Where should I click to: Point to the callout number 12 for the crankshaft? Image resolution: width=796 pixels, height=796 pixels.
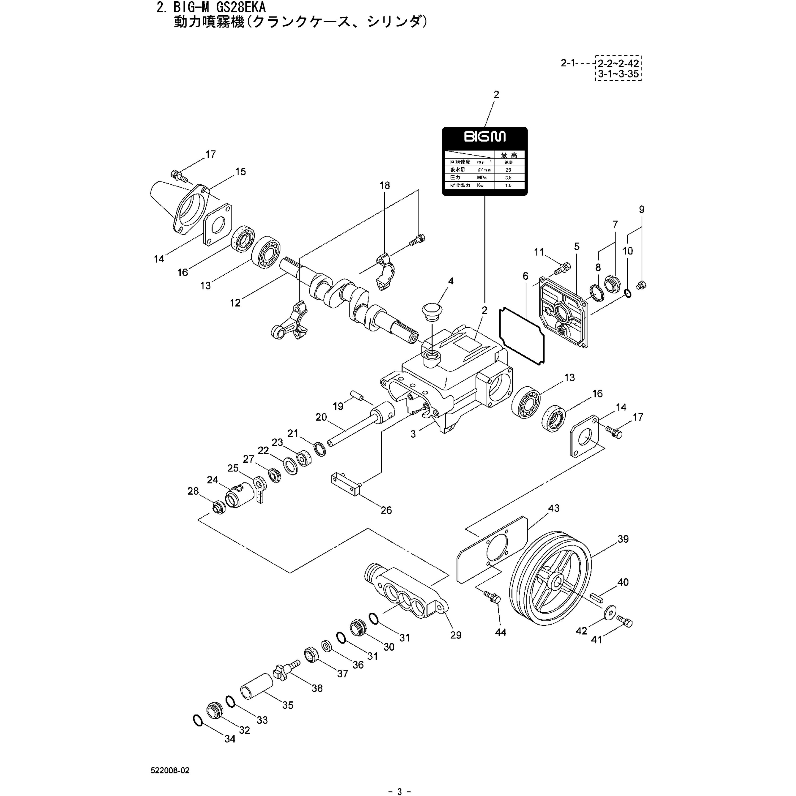coord(235,303)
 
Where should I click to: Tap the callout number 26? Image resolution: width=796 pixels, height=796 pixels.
coord(386,510)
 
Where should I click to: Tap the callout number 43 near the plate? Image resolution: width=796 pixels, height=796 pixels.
coord(554,508)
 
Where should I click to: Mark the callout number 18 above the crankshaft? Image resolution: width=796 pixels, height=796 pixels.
coord(384,185)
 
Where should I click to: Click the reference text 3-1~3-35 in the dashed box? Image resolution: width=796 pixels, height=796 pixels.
coord(618,75)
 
